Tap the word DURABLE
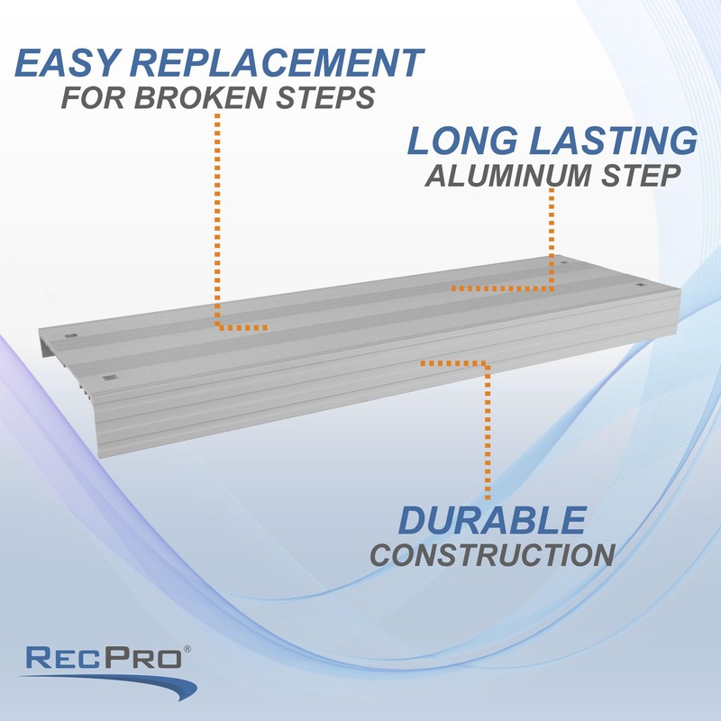click(492, 521)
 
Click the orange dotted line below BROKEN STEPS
click(217, 225)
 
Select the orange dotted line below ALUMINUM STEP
click(552, 239)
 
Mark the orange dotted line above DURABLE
click(488, 433)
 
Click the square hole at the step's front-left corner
click(110, 377)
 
